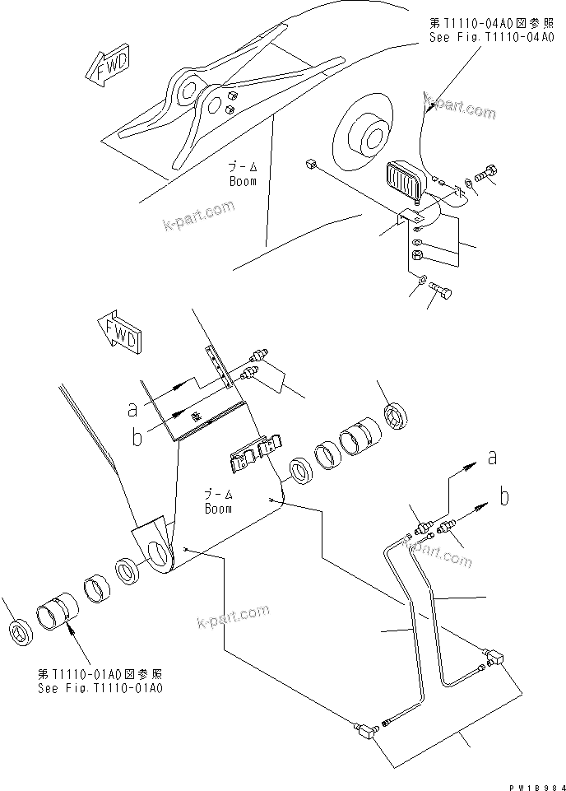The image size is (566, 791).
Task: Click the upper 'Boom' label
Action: click(243, 180)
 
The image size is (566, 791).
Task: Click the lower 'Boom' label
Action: click(219, 509)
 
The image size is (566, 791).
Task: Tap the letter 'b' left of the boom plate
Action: click(137, 436)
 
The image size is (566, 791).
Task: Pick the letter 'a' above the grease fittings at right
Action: click(492, 459)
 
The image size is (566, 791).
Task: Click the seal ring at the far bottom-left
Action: click(18, 632)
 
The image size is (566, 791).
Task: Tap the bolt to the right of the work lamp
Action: click(486, 175)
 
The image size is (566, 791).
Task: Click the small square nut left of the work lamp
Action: click(310, 165)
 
